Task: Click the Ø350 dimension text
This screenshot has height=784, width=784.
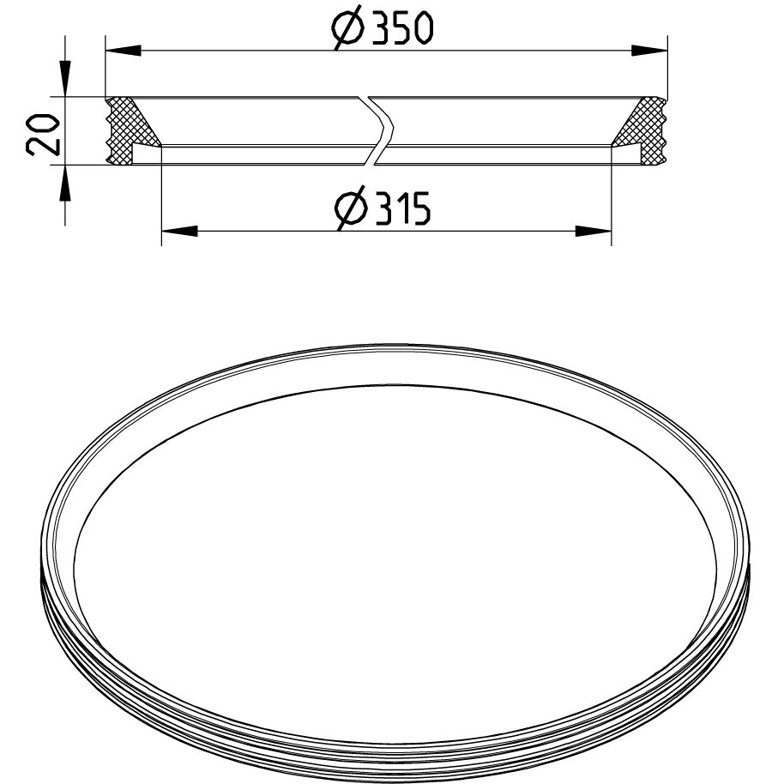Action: (382, 29)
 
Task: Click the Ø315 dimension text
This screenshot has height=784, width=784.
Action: (383, 208)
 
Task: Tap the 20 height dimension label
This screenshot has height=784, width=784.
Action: (43, 135)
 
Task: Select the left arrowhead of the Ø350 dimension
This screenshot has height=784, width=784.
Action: (124, 51)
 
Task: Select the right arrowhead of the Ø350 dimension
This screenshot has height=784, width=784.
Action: (649, 51)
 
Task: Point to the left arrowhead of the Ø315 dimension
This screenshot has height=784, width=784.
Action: (179, 231)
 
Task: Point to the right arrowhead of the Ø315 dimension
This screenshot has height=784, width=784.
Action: (594, 231)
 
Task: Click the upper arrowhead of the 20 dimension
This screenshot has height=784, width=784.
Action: (65, 79)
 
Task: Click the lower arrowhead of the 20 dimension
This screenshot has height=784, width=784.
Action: (65, 183)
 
